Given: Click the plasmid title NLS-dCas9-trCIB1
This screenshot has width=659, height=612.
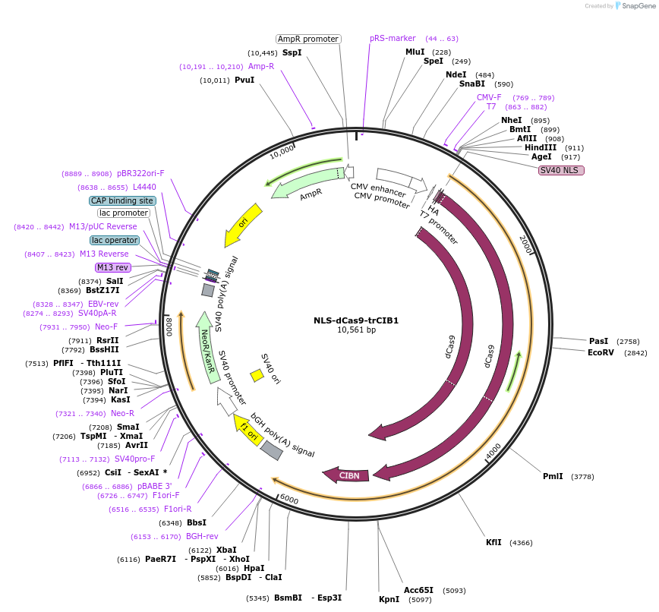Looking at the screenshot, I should tap(356, 320).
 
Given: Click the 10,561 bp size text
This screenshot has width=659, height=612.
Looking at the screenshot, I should tap(356, 330).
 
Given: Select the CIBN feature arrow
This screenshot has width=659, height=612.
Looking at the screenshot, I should tap(348, 475).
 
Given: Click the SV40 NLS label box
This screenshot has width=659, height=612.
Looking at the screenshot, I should tap(562, 170).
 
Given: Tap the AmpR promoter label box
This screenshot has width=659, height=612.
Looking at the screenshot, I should tap(307, 39).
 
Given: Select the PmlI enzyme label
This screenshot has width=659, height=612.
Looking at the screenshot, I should tap(553, 476).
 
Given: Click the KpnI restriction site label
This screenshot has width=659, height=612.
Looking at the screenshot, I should tap(389, 599).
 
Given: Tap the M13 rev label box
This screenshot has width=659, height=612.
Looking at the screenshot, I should tap(112, 267).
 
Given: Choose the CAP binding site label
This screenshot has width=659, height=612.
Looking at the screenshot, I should tap(122, 200).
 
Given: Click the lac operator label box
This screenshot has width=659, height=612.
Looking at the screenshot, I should tap(115, 240).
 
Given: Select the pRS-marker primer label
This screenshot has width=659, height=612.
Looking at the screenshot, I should tap(393, 38).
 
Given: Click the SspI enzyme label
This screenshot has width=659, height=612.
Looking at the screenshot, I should tap(292, 52).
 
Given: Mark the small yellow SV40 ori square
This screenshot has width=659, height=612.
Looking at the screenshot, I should tap(257, 375).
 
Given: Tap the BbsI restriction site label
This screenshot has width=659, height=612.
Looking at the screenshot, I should tap(196, 522).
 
